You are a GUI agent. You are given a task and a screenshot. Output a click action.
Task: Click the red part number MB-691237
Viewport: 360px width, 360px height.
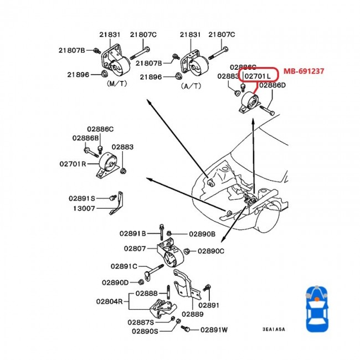coord(304,72)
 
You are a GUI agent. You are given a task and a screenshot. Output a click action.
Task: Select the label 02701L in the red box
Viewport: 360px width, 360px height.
coord(258,75)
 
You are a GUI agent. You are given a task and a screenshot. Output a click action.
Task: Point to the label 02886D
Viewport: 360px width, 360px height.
coord(272,85)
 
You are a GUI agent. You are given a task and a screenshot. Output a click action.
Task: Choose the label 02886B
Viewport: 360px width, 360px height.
coord(85,137)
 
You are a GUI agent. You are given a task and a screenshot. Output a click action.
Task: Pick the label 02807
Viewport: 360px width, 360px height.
coord(135,249)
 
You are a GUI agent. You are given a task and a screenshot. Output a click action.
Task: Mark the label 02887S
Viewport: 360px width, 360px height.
coord(141,322)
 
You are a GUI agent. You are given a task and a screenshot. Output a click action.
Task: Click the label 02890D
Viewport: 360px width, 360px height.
coord(115,282)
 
